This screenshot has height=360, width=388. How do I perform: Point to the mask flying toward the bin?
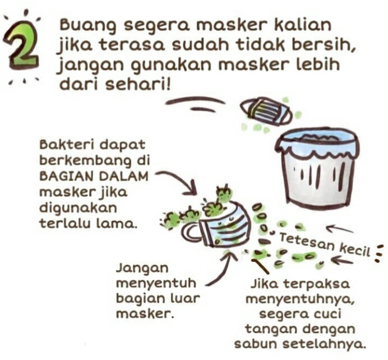266,111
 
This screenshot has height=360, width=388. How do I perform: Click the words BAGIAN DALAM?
94,177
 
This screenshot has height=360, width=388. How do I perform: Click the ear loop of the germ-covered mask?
191,233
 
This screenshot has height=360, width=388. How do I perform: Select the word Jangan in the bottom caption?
142,269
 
